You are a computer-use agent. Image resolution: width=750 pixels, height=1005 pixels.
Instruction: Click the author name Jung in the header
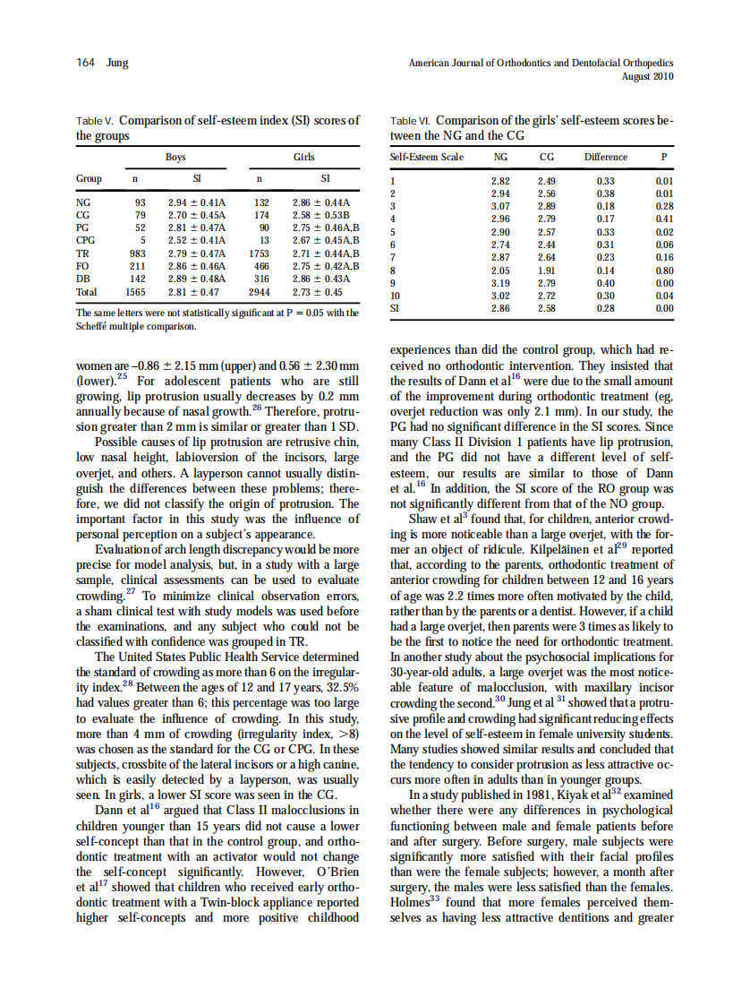[117, 63]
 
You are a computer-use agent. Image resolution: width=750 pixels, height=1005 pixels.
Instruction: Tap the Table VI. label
[412, 120]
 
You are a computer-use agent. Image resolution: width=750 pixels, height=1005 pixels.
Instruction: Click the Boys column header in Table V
[175, 157]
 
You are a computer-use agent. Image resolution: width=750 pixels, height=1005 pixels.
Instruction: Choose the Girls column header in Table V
[304, 157]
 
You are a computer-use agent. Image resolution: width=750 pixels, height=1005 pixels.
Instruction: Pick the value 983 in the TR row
[134, 254]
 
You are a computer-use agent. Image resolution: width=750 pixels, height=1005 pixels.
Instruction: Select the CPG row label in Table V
[87, 241]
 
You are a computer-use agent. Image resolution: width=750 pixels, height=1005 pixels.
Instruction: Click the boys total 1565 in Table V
[134, 292]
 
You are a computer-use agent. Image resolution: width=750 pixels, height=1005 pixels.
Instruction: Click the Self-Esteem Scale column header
[427, 157]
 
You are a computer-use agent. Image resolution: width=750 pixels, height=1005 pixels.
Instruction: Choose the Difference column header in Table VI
[606, 157]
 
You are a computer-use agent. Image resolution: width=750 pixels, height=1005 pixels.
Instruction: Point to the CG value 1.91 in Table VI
[546, 269]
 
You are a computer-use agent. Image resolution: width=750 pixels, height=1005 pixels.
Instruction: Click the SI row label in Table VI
[396, 307]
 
